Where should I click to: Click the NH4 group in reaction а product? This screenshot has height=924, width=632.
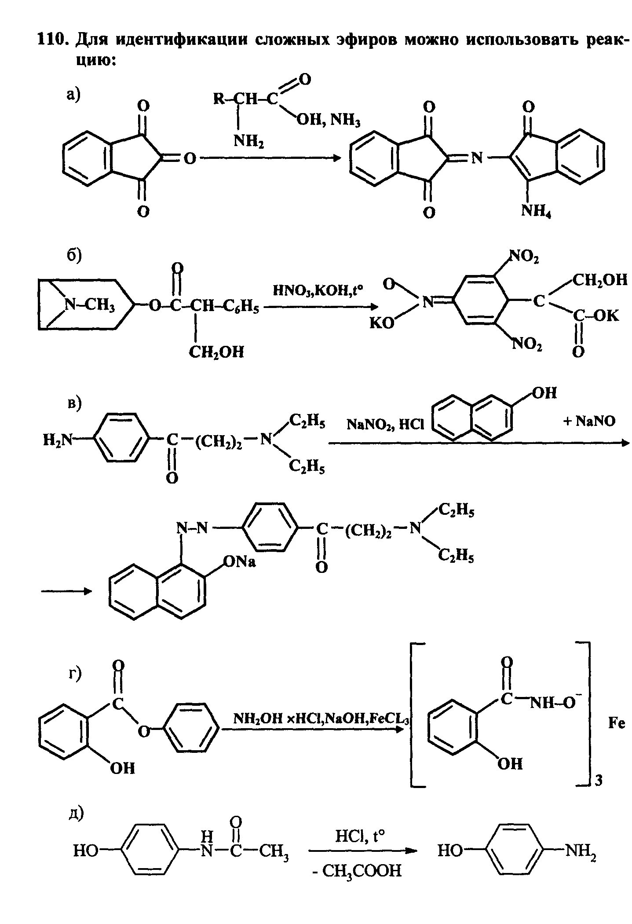point(536,212)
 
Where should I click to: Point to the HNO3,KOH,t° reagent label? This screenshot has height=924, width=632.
point(318,290)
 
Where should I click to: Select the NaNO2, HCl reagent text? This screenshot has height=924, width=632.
point(385,424)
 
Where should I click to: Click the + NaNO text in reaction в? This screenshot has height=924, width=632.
point(589,421)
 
